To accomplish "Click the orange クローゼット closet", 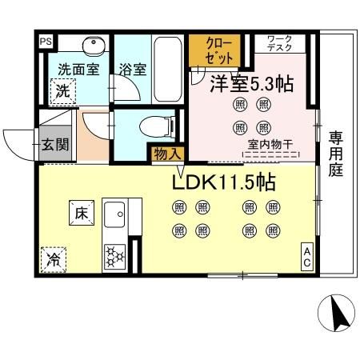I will tap(214, 50).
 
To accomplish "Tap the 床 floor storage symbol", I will tap(82, 213).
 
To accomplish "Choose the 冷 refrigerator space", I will tap(54, 259).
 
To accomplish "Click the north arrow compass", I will tap(338, 313).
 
